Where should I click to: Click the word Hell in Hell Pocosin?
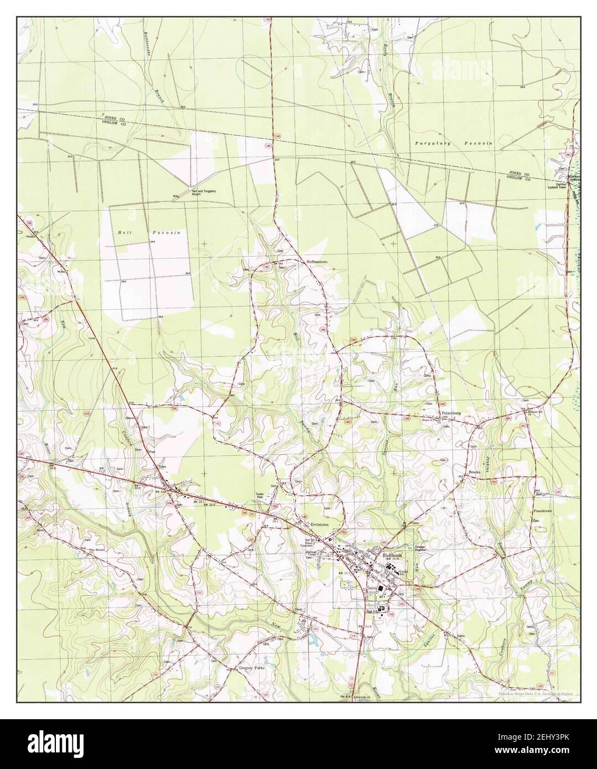[x=123, y=233]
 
